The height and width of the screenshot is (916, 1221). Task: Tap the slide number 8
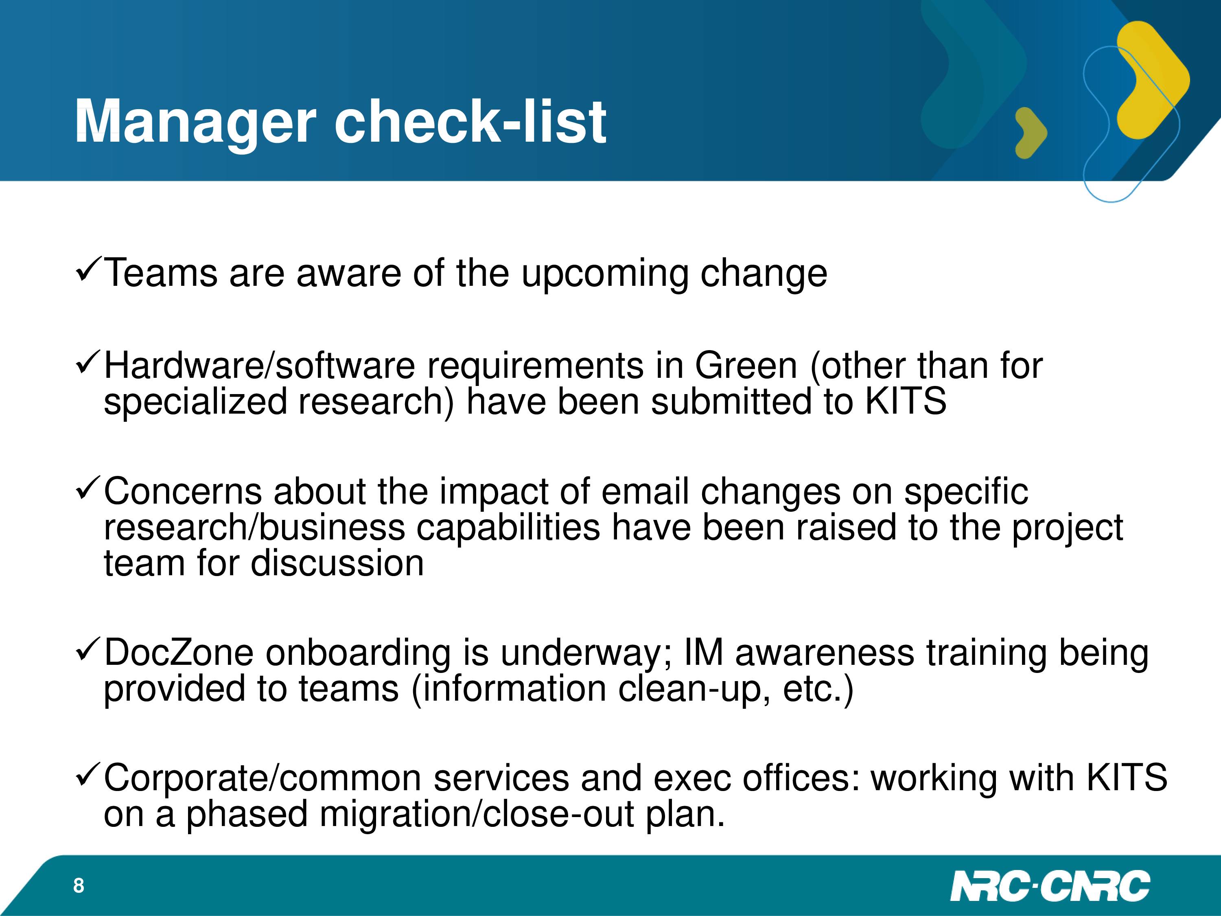click(79, 885)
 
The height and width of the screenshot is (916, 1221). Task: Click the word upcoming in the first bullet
click(604, 274)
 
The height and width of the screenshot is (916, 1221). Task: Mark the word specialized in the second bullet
click(195, 402)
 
